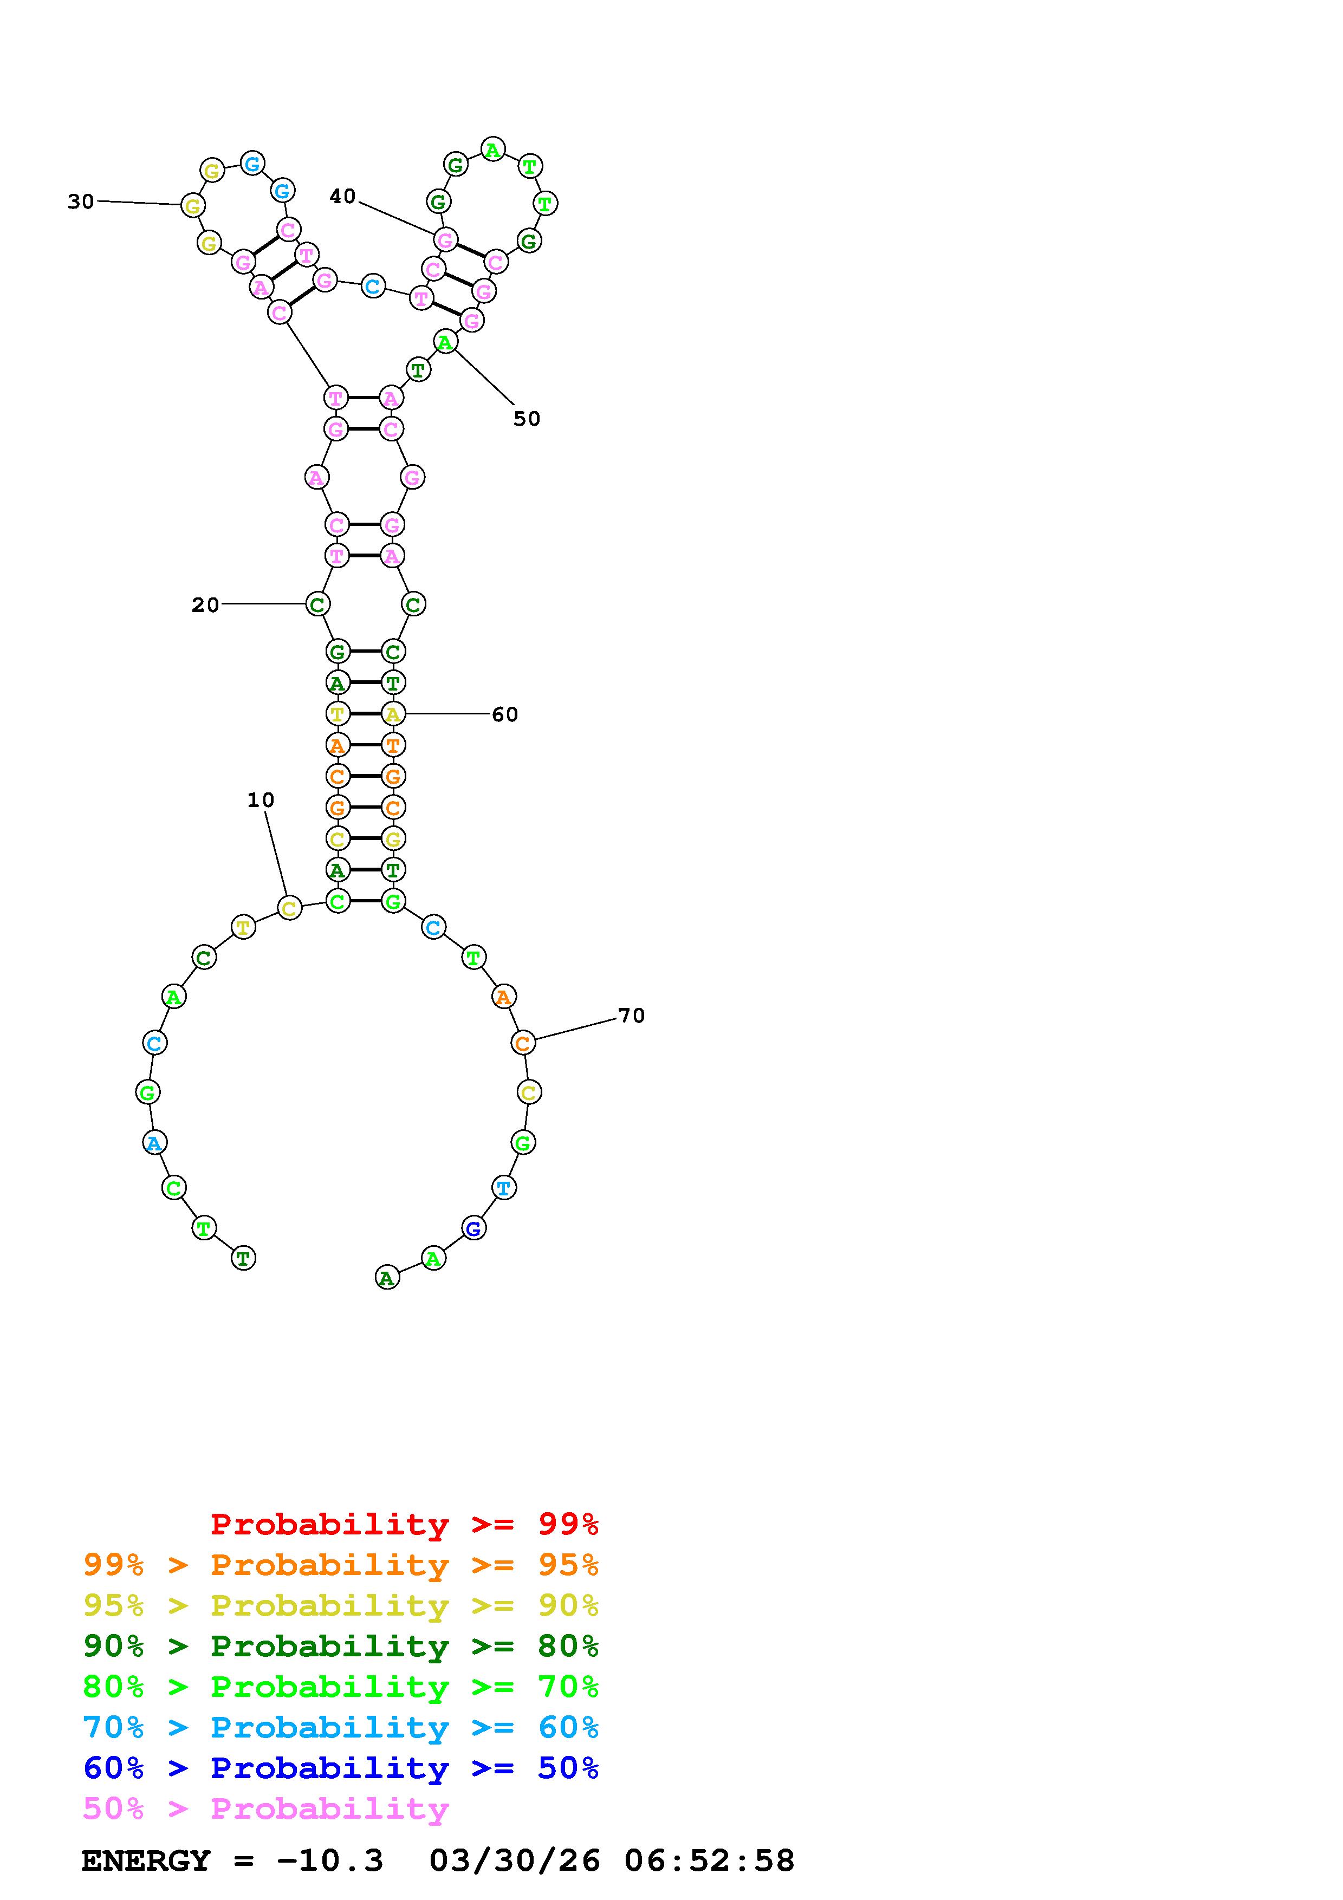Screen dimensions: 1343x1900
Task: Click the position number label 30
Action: pyautogui.click(x=81, y=201)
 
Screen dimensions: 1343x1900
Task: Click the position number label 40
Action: pyautogui.click(x=342, y=196)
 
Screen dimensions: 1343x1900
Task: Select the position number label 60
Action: pyautogui.click(x=505, y=714)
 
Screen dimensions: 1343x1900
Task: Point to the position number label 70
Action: pyautogui.click(x=631, y=1016)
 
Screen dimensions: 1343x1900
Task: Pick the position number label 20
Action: pyautogui.click(x=205, y=605)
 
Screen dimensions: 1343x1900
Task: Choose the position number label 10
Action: pyautogui.click(x=261, y=800)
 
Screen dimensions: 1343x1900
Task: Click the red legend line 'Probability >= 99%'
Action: pyautogui.click(x=405, y=1524)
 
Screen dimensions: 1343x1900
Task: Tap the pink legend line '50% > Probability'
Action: pyautogui.click(x=265, y=1808)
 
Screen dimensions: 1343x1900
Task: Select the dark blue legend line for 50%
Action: pyautogui.click(x=341, y=1768)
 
